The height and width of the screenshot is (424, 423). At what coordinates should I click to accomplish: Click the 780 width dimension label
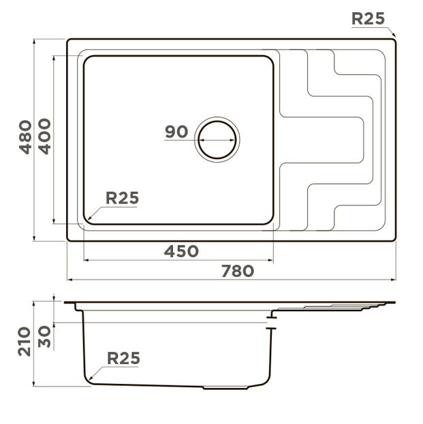[x=238, y=271]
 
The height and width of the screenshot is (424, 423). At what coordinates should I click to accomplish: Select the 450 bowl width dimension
[x=182, y=251]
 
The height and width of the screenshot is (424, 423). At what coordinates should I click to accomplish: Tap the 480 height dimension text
[x=25, y=136]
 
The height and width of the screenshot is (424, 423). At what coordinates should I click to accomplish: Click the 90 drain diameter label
[x=176, y=132]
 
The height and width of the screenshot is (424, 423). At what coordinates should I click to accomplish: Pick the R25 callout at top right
[x=369, y=19]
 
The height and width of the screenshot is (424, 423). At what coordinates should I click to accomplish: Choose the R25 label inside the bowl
[x=123, y=198]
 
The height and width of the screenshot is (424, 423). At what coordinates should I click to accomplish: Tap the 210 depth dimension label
[x=25, y=340]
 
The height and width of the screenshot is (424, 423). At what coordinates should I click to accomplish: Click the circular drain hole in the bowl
[x=218, y=140]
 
